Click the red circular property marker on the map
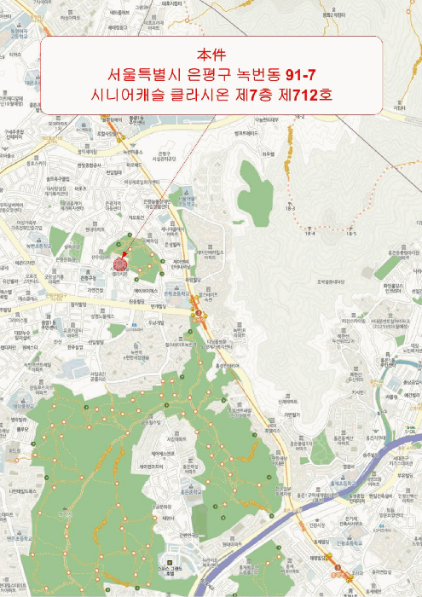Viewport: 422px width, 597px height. (x=119, y=264)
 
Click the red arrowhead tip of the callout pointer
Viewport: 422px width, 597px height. (x=124, y=253)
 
